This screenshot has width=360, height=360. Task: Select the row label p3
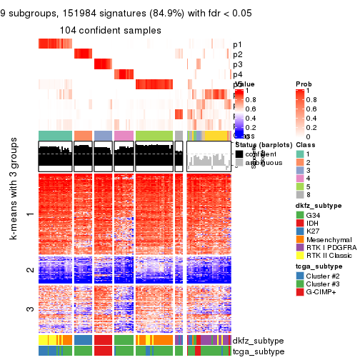pos(237,64)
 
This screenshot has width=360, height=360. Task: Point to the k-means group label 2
pos(29,270)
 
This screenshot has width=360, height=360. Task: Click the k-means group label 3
pos(29,309)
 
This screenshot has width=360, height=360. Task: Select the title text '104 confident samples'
pos(111,30)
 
